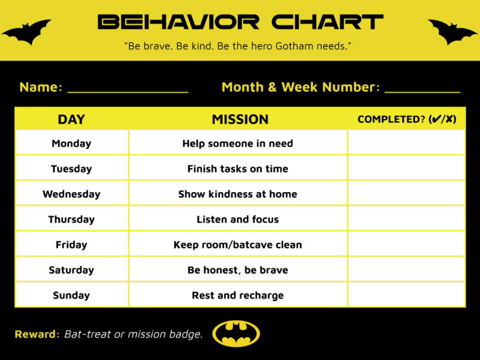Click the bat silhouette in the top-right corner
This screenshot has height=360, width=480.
452,33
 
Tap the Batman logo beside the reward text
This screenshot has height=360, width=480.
236,334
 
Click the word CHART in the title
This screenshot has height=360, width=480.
327,22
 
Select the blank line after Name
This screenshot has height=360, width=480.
128,89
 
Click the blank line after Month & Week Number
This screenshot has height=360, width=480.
422,89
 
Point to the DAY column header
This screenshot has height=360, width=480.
71,119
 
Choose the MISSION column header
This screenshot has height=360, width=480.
240,119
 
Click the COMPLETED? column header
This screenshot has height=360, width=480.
407,119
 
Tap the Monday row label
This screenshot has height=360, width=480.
71,143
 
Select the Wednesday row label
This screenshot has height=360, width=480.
71,194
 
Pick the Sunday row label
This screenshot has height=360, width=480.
71,296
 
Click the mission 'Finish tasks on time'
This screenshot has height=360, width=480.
238,169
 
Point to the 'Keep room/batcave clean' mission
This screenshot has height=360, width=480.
238,245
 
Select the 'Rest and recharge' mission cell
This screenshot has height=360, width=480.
238,296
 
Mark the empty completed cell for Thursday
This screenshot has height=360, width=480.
406,219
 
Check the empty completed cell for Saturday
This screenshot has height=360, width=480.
406,270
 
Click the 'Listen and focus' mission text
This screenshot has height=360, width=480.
238,220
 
